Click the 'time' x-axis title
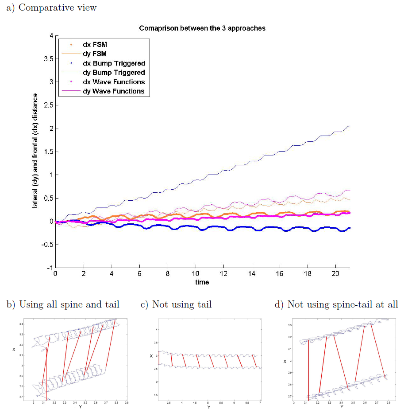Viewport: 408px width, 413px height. pos(202,282)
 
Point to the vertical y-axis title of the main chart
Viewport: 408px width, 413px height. pos(35,151)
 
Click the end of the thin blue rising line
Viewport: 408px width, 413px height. pos(350,126)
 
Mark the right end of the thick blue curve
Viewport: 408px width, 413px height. pos(350,228)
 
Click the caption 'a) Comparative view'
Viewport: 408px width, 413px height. pos(51,8)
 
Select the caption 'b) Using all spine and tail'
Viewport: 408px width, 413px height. pos(63,304)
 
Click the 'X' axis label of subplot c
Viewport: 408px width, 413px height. pos(151,356)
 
